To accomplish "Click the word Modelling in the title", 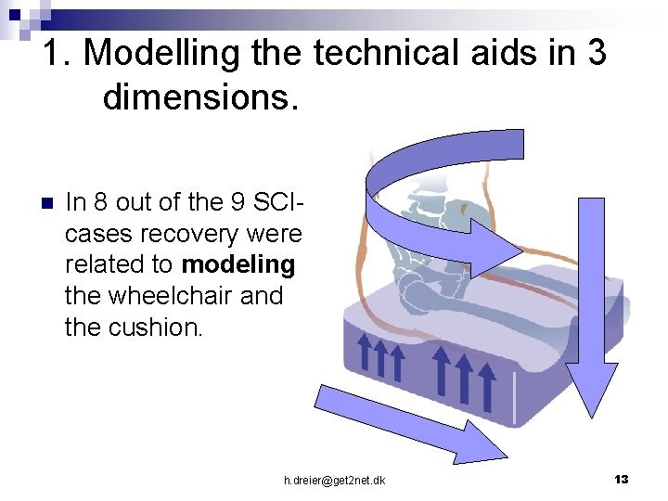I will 161,53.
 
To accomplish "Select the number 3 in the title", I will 595,53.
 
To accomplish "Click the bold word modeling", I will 238,264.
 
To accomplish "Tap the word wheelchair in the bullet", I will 165,297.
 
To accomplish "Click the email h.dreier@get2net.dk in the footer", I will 335,480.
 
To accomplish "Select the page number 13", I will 622,479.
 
